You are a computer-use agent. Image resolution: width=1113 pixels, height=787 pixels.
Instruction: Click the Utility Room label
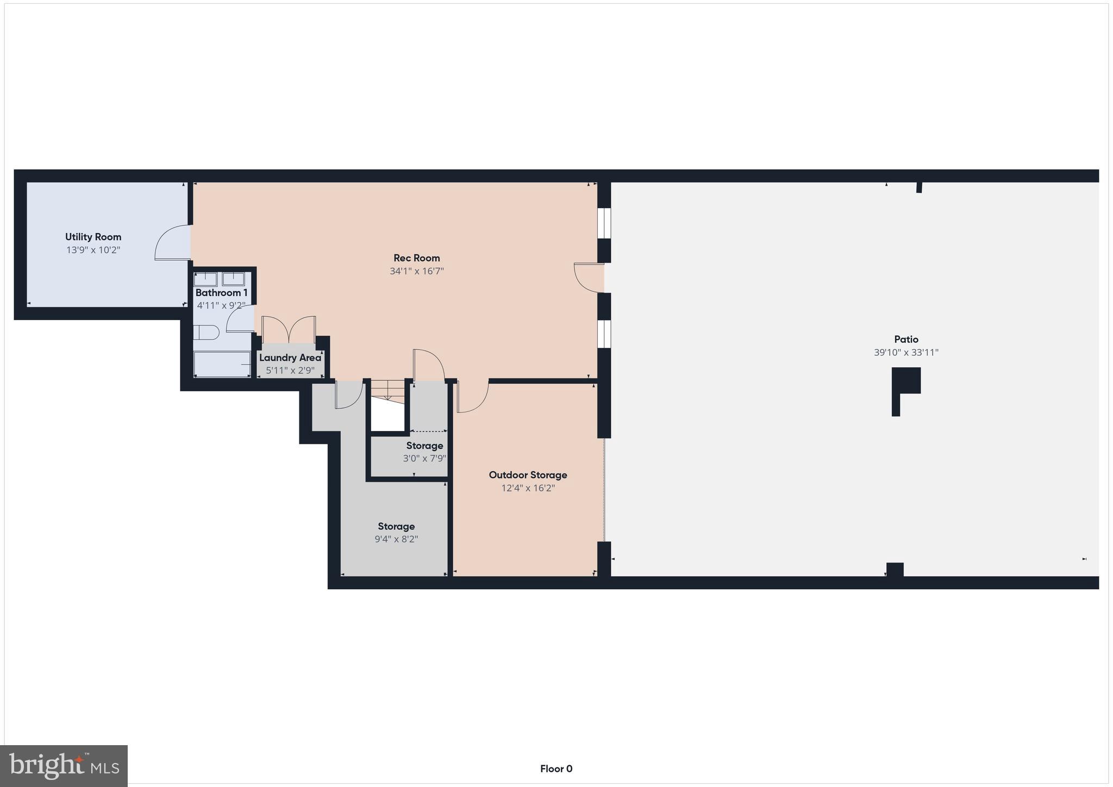pos(93,237)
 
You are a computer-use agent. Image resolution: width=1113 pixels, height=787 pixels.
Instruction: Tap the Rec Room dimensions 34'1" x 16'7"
pos(417,271)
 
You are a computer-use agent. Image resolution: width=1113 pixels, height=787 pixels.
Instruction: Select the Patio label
pos(906,340)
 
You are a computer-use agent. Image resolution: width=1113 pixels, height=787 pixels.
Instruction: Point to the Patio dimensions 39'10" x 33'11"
pos(906,353)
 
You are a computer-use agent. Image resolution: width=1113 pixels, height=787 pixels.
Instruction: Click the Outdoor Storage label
pos(528,475)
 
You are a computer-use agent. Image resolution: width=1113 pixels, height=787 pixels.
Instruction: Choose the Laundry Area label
pos(290,358)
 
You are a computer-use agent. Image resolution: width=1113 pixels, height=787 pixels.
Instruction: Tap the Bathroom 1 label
pos(221,293)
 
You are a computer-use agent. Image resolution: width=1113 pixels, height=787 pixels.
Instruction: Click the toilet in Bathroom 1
pos(206,332)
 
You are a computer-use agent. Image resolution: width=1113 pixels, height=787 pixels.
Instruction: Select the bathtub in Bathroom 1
pos(222,364)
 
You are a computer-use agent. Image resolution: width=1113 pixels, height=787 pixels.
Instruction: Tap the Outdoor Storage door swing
pos(472,396)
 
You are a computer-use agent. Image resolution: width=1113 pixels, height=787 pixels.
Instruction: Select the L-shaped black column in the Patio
pos(905,383)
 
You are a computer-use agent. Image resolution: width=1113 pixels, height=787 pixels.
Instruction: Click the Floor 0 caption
pos(556,769)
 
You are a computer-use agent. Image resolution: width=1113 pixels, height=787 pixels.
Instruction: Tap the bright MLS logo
pos(64,766)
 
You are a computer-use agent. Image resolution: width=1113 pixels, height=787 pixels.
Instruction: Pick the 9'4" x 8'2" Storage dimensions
pos(396,540)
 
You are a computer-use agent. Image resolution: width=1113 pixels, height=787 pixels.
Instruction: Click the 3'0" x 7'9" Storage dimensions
pos(424,459)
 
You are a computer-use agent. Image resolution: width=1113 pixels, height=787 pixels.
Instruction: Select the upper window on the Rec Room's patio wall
pos(604,223)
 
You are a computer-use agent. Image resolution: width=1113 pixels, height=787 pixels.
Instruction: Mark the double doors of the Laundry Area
pos(289,330)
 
